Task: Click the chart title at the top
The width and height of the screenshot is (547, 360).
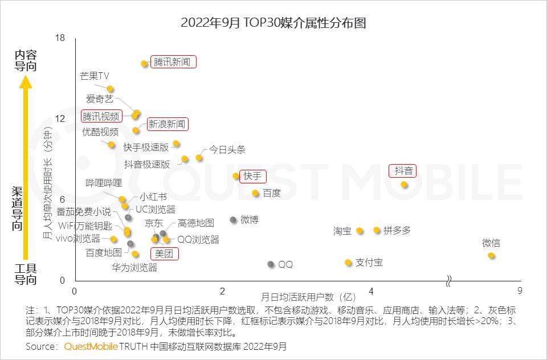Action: (x=273, y=23)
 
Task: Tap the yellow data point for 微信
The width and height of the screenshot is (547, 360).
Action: (x=491, y=256)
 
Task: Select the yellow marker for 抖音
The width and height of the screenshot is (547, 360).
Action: (x=404, y=185)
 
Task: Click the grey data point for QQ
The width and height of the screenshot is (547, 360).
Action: (x=270, y=264)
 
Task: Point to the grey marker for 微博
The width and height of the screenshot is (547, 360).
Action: (x=232, y=219)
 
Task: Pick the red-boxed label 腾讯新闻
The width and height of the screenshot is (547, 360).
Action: (x=173, y=62)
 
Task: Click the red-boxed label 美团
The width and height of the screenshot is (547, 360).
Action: (x=164, y=253)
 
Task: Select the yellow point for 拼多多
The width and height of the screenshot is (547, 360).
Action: (x=377, y=230)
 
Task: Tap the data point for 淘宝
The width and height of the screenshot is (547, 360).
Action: (x=360, y=231)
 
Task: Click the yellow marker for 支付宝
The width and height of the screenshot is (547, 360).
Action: (x=348, y=263)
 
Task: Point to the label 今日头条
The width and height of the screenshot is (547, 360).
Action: (x=227, y=150)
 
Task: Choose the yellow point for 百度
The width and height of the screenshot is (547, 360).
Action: (x=255, y=193)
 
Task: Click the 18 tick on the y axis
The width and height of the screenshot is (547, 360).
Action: (x=60, y=38)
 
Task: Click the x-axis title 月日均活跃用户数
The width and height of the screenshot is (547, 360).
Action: (x=308, y=297)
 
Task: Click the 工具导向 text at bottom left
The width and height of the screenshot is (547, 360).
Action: (x=25, y=274)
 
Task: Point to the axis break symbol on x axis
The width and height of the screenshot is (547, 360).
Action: (x=449, y=281)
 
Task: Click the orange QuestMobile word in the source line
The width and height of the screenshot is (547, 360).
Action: (x=91, y=346)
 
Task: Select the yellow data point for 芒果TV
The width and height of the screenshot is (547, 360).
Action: (x=110, y=89)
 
